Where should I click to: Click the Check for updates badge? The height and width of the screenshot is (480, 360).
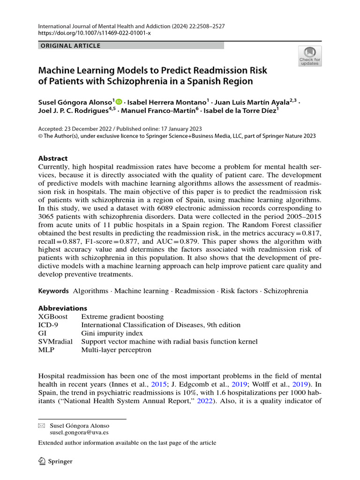point(310,56)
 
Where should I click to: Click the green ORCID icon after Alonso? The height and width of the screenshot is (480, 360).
point(119,101)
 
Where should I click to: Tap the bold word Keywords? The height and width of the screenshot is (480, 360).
point(53,291)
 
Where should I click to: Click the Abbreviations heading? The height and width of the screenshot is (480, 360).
point(62,308)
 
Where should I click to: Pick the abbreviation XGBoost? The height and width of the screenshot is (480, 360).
point(52,316)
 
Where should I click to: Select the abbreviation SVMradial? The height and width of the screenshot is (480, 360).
point(55,342)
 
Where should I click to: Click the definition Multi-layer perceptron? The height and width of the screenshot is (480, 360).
point(116,350)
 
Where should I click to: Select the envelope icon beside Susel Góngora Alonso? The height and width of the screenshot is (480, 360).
point(41,425)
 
